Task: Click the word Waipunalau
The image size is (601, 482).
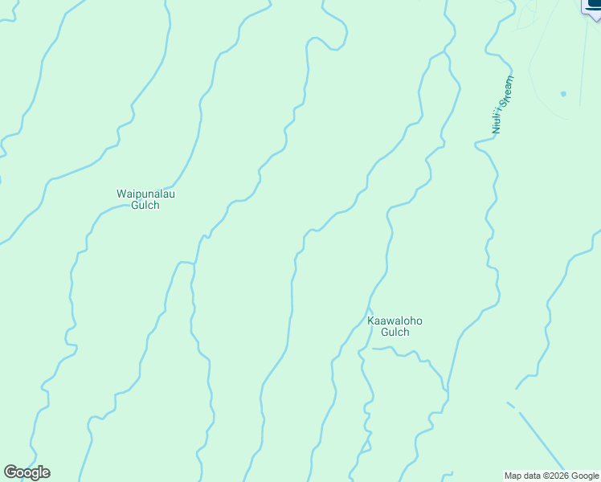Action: click(145, 194)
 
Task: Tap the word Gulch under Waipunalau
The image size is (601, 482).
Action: click(145, 205)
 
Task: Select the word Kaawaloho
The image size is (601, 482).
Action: click(395, 321)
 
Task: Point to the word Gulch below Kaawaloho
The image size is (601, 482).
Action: click(395, 333)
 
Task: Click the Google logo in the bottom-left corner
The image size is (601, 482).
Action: click(27, 472)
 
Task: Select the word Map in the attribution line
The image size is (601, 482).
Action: click(513, 476)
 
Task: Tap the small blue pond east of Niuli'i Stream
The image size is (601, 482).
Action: click(563, 94)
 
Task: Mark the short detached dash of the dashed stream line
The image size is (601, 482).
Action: click(510, 404)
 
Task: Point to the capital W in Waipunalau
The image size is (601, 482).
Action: click(121, 194)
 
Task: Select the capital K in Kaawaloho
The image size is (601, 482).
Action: click(371, 321)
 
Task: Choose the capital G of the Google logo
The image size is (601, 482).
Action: click(10, 472)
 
